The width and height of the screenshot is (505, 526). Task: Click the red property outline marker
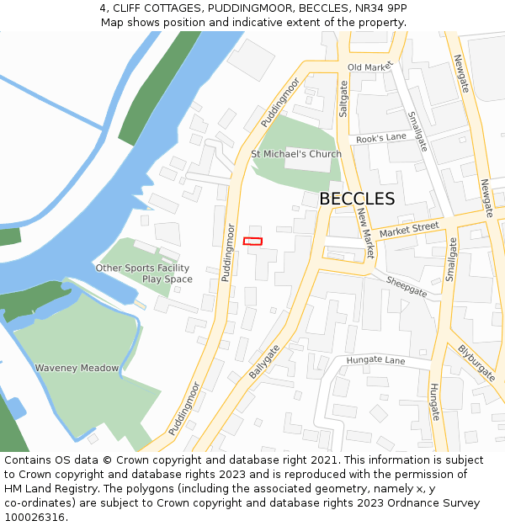pos(252,242)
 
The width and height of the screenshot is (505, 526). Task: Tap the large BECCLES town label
pos(357,199)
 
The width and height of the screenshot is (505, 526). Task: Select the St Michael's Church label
pos(296,154)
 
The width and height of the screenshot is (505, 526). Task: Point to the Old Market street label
pos(370,66)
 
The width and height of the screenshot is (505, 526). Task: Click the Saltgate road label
pos(343,98)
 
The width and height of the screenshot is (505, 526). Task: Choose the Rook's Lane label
pos(381,137)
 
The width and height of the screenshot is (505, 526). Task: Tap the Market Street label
pos(409,229)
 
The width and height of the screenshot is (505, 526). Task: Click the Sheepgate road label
pos(407,286)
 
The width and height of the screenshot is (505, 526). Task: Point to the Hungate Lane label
pos(375,360)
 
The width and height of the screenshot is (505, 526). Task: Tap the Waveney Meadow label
pos(77,368)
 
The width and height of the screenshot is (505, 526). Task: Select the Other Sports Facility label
pos(142,268)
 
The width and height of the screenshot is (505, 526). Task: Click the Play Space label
pos(167,279)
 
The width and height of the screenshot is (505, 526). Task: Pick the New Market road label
pos(365,233)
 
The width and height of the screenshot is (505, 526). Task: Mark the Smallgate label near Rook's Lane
pos(417,131)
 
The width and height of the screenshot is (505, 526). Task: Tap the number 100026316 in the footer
pos(36,517)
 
